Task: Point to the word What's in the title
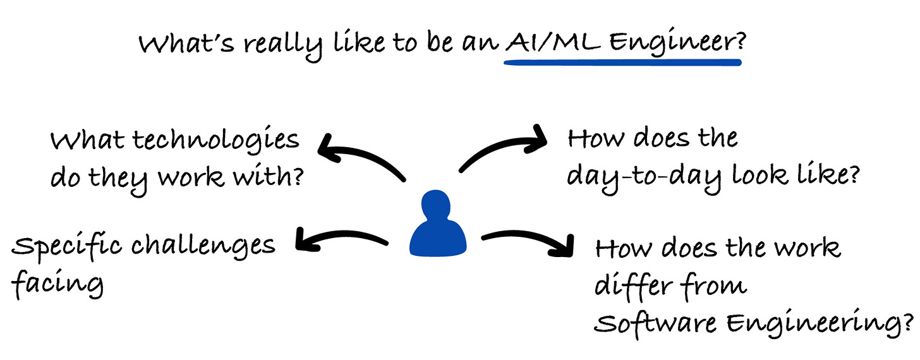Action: (178, 44)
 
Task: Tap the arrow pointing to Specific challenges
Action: (341, 238)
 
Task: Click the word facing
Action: (57, 284)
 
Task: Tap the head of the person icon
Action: (438, 206)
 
